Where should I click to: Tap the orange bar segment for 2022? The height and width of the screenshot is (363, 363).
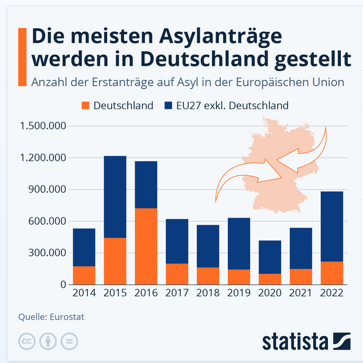[332, 273]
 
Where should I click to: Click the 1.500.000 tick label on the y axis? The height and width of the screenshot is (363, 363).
[43, 126]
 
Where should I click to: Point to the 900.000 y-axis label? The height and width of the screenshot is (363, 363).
[47, 189]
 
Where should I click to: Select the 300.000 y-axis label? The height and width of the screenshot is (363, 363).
[47, 253]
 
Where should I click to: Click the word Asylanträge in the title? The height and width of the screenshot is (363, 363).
[214, 36]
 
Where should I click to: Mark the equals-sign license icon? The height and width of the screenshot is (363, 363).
[69, 341]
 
